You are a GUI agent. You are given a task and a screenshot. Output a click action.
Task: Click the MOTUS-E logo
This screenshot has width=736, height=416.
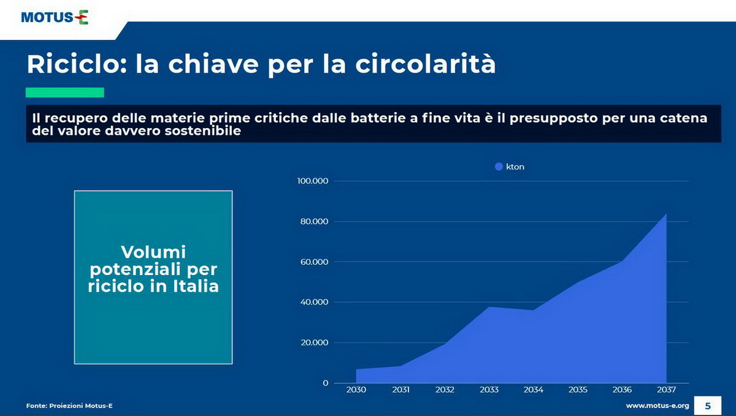[55, 17]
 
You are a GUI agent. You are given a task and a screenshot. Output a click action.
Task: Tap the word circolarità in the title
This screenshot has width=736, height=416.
[426, 64]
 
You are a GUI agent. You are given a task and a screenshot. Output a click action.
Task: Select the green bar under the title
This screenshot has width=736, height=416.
[65, 93]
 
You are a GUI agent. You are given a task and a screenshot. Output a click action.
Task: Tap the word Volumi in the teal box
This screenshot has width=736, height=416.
[153, 252]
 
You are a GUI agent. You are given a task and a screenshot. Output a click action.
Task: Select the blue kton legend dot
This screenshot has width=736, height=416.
[499, 167]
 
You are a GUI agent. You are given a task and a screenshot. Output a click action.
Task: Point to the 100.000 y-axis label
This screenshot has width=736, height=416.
[312, 181]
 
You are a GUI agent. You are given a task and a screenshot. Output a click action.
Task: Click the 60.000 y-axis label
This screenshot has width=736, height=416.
[314, 262]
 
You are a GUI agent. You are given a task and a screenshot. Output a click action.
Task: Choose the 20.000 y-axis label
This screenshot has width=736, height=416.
[315, 342]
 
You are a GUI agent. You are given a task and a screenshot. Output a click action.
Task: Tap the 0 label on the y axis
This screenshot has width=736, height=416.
[325, 383]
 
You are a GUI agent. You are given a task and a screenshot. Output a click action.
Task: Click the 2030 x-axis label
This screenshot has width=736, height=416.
[356, 390]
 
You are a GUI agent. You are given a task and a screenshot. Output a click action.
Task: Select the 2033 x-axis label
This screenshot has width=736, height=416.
[489, 390]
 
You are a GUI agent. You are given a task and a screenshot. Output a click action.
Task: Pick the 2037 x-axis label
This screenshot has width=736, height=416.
[666, 390]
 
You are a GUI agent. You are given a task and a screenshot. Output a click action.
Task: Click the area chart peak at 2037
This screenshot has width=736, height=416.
[666, 214]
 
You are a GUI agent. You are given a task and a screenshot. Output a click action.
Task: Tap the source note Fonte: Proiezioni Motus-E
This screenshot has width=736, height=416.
[69, 406]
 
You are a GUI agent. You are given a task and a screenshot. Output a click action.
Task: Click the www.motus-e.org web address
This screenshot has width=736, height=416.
[657, 406]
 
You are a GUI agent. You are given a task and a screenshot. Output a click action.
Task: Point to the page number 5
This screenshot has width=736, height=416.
[708, 406]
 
